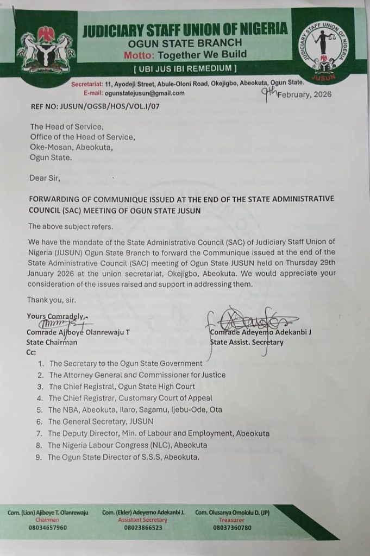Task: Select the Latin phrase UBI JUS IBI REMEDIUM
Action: [185, 68]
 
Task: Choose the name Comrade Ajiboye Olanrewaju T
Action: [78, 332]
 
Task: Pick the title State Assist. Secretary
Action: [247, 342]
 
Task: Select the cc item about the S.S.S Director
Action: [123, 457]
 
